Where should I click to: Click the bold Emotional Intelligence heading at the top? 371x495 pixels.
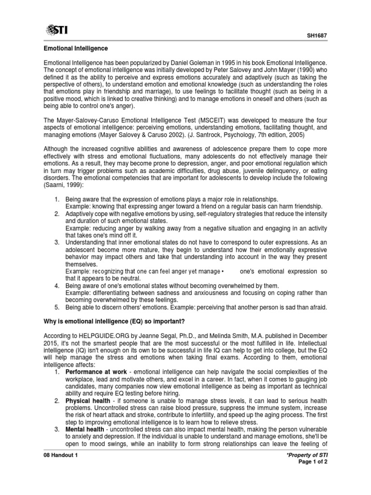(76, 49)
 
